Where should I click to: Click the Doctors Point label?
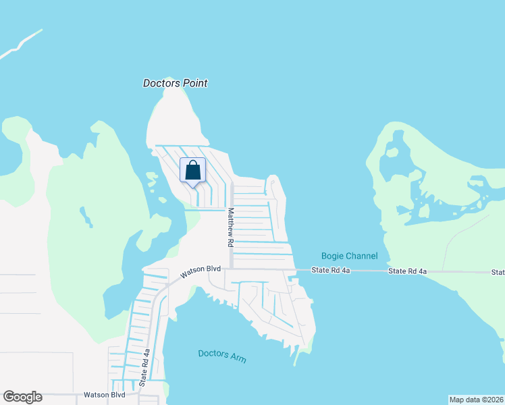tap(175, 83)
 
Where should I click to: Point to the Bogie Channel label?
tap(349, 256)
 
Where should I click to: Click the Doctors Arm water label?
tap(222, 356)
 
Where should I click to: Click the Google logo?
tap(22, 397)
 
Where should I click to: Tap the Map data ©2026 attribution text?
tap(476, 400)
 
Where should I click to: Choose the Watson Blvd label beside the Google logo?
tap(104, 395)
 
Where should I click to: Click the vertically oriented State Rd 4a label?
tap(144, 368)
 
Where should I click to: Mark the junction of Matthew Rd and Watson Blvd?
tap(231, 269)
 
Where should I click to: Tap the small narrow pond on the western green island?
tap(86, 217)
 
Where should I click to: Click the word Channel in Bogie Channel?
tap(359, 256)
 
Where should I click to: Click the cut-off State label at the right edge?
tap(498, 272)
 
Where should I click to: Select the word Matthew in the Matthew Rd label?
tap(230, 221)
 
